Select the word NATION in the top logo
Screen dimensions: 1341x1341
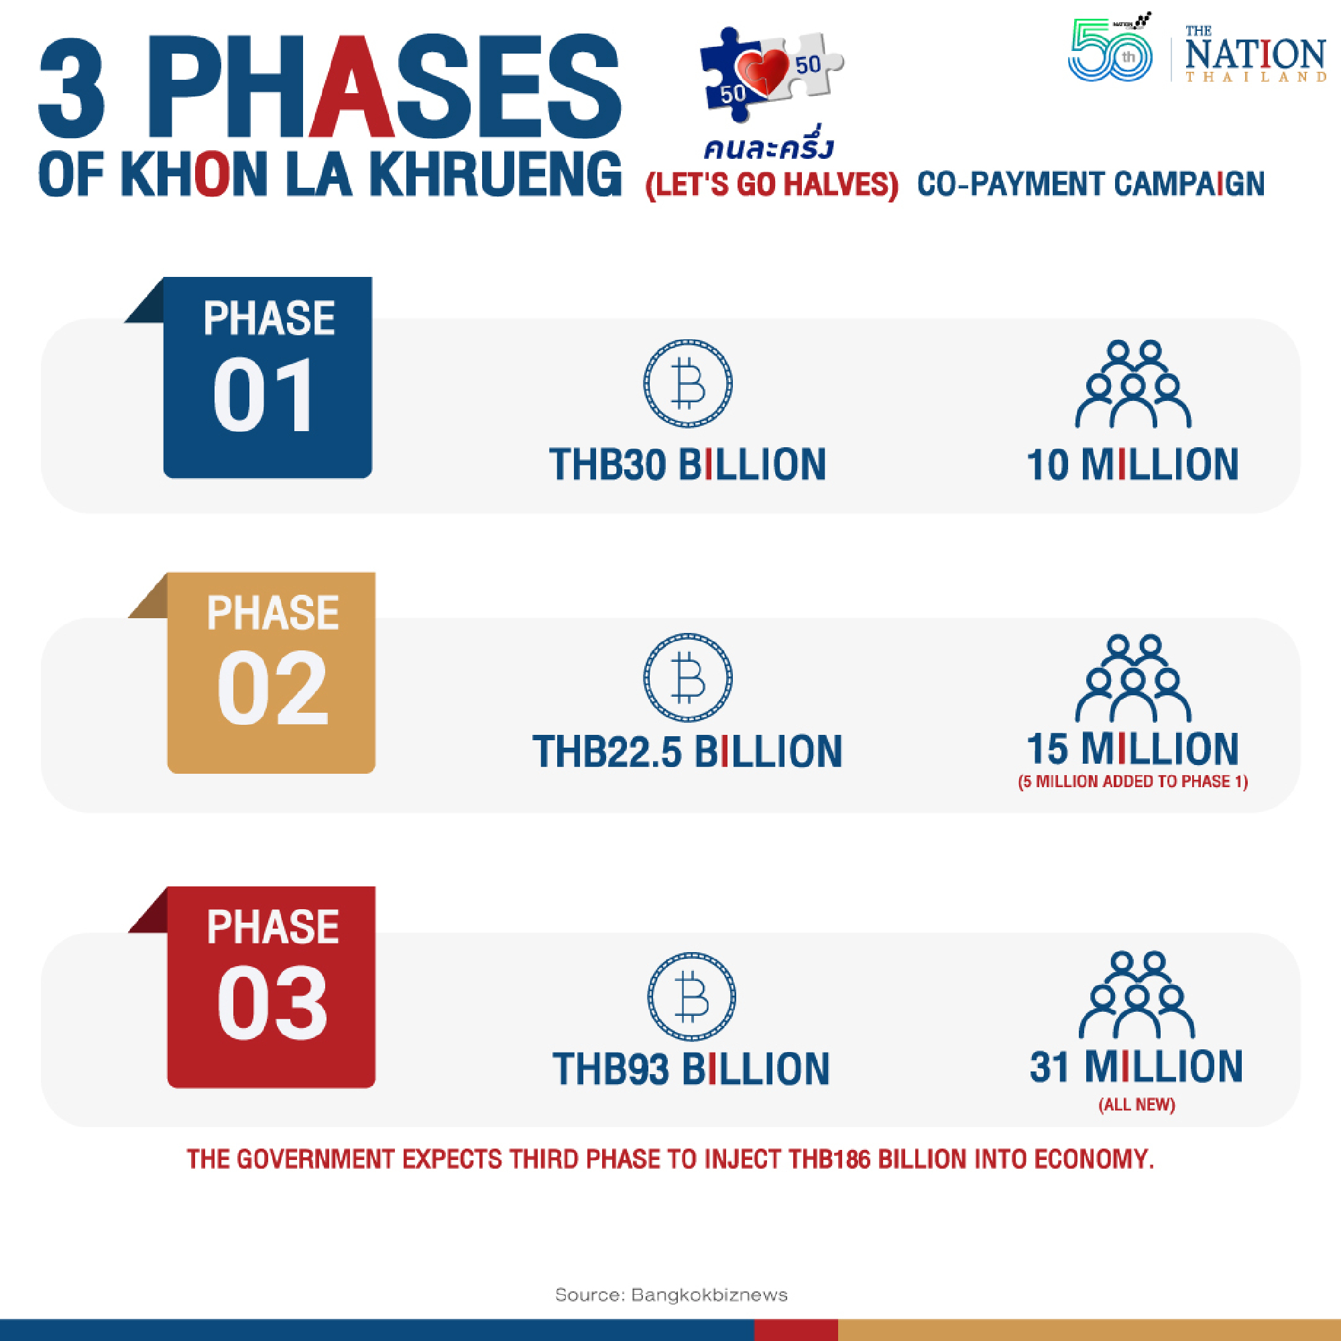click(x=1255, y=54)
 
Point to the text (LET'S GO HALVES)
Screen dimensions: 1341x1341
click(x=771, y=184)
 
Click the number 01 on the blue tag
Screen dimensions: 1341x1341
click(x=264, y=396)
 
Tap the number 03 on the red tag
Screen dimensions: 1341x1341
click(x=272, y=1004)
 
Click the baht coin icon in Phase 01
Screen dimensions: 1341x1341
click(x=687, y=383)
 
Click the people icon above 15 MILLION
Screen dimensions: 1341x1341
click(x=1132, y=678)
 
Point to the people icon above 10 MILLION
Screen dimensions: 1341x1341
click(x=1132, y=384)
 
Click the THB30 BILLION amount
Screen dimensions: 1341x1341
click(x=687, y=465)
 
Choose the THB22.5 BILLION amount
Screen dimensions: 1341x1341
click(x=687, y=752)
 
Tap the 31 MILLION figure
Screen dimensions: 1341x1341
click(x=1136, y=1067)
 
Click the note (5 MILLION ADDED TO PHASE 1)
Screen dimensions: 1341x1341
click(x=1132, y=782)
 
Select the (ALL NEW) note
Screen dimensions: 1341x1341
click(x=1136, y=1104)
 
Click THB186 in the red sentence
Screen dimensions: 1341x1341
click(x=829, y=1159)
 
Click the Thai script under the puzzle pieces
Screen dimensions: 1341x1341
click(x=768, y=147)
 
